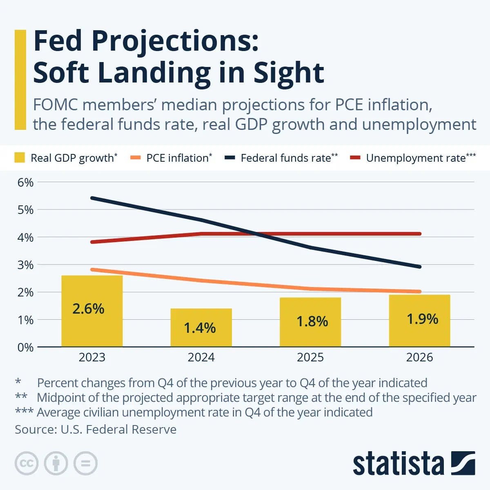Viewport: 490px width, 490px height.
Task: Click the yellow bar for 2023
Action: (92, 327)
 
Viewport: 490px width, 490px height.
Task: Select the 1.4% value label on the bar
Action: (200, 328)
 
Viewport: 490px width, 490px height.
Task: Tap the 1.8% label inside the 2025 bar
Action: (312, 322)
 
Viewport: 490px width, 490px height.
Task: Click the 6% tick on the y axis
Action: (25, 183)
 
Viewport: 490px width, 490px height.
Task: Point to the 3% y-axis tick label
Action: (25, 265)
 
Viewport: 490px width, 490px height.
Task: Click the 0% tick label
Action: (25, 347)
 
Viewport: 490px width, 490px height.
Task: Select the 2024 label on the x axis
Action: (201, 357)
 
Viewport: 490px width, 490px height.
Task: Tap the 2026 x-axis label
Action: (419, 357)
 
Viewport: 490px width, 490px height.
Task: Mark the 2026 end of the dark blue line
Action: (419, 267)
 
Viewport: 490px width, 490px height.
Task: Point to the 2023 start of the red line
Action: (92, 242)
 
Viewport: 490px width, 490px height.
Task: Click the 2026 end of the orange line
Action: (419, 292)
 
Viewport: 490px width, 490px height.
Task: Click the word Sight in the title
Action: (288, 73)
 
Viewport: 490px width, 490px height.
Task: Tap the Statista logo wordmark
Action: (398, 464)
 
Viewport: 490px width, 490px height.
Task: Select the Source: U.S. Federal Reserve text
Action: (96, 430)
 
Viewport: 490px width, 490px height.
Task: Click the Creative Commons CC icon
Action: (27, 463)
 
